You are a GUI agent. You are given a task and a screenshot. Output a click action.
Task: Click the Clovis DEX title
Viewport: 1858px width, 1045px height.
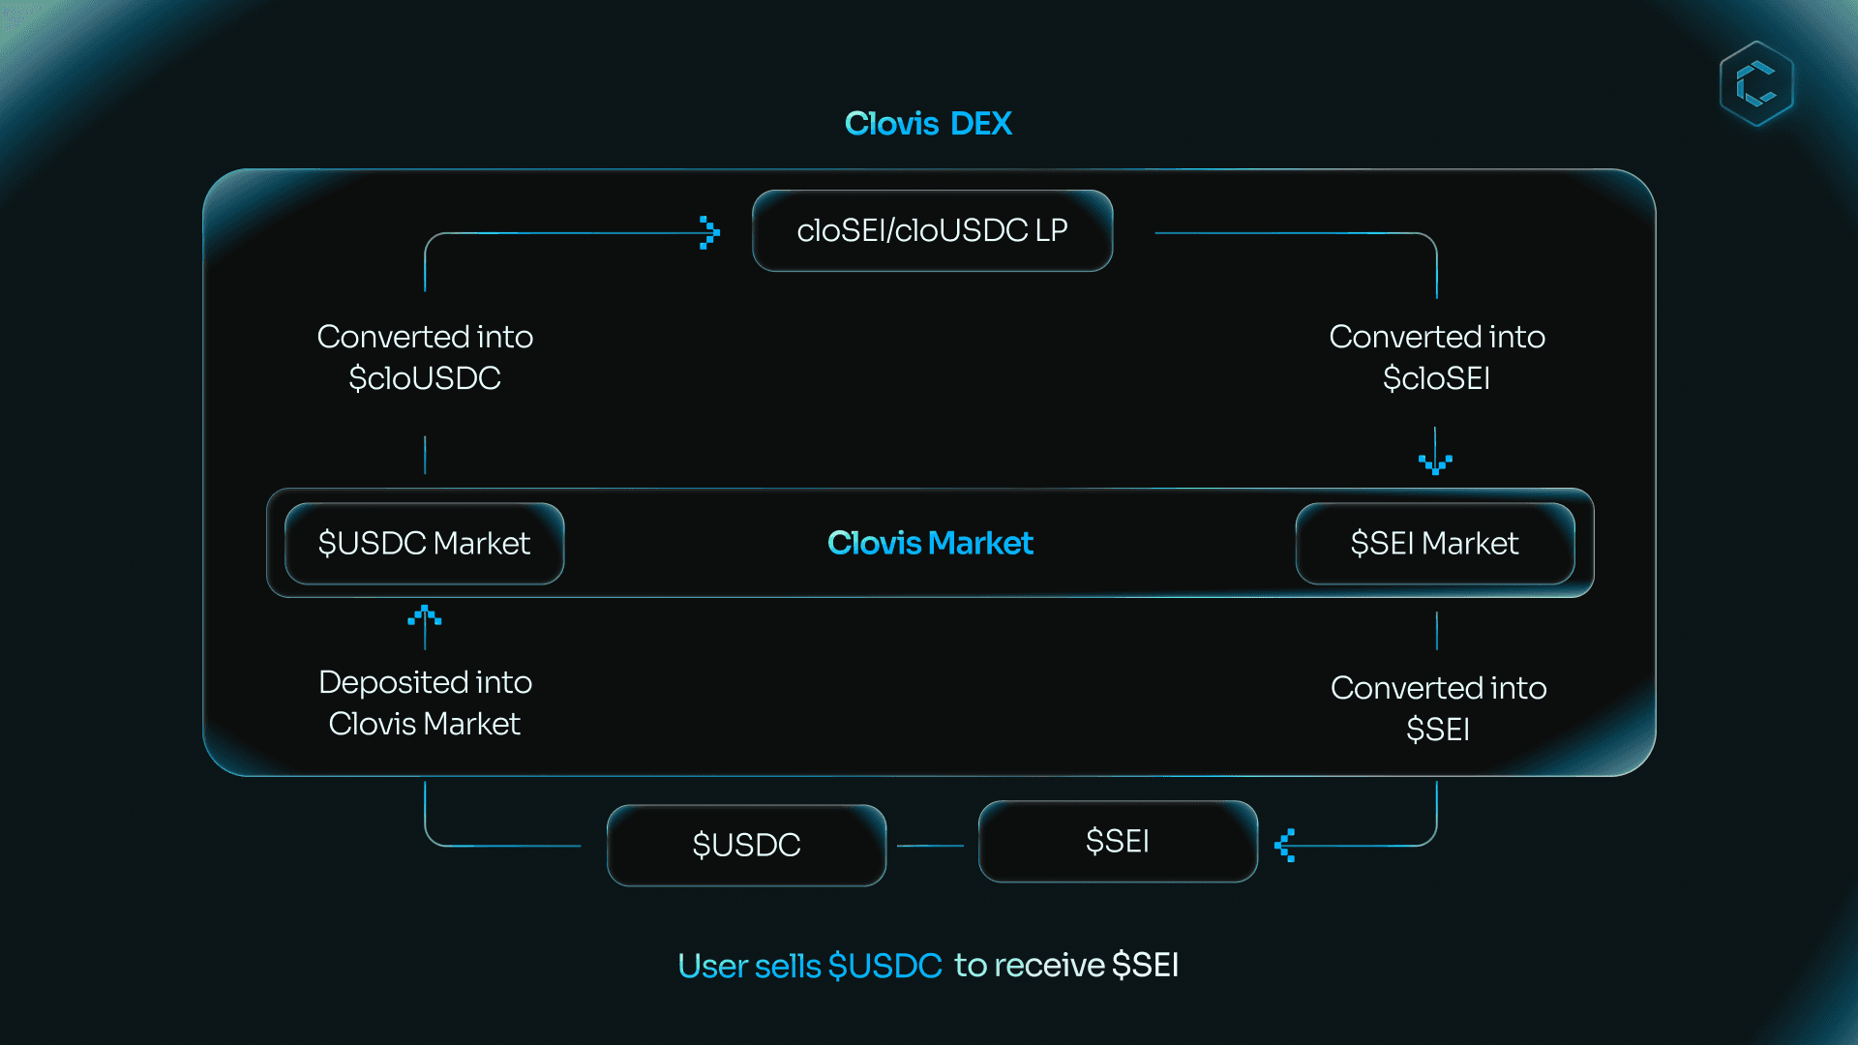click(928, 124)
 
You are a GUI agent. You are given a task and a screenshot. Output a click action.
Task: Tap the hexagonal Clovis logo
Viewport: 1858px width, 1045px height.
click(1756, 83)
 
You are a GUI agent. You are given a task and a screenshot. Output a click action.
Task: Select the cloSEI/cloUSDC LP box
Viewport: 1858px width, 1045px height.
click(932, 230)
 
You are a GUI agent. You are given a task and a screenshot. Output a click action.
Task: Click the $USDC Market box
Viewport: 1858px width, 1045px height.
click(424, 543)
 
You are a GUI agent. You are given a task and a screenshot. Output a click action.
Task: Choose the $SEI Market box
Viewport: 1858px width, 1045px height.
click(1434, 543)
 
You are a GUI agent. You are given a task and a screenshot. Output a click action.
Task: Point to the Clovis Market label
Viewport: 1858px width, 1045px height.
click(930, 543)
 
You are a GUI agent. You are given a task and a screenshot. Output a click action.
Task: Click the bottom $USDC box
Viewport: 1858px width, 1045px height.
click(746, 845)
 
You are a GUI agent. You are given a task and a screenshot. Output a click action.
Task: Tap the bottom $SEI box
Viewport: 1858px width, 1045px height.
click(1118, 841)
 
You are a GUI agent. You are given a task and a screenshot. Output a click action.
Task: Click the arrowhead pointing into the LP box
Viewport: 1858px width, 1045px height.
click(709, 232)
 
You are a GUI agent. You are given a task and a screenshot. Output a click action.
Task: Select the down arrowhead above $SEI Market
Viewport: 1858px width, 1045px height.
click(1435, 464)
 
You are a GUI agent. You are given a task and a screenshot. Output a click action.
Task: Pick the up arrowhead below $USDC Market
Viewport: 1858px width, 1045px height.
click(425, 614)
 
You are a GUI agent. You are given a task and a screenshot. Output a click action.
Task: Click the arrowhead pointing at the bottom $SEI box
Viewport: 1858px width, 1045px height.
click(1285, 845)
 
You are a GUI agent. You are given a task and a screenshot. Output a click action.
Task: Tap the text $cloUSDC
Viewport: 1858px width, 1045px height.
click(425, 378)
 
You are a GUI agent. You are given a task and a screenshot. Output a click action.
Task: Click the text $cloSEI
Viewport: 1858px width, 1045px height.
click(1436, 378)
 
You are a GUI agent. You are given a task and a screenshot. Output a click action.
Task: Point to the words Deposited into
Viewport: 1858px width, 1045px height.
click(425, 682)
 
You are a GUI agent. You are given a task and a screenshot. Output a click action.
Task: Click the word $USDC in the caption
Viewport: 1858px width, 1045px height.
click(884, 966)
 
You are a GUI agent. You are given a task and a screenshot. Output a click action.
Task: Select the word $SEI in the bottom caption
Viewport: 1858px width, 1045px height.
click(1146, 965)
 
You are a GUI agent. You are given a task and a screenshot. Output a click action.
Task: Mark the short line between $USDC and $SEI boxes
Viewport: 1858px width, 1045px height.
click(930, 846)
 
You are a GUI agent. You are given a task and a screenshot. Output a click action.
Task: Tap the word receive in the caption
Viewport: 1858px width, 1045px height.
click(1049, 965)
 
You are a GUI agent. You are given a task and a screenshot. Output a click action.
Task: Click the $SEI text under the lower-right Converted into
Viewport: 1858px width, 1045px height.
click(1438, 730)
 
